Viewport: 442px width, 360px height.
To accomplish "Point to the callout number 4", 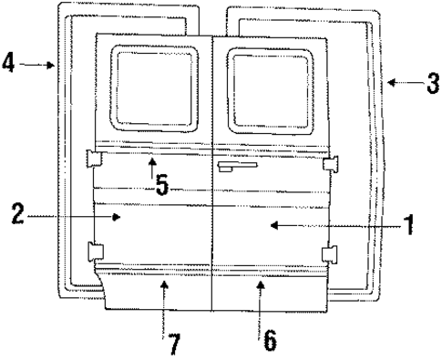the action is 9,65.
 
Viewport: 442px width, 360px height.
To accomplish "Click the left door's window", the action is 154,88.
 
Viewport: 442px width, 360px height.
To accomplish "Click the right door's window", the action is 270,89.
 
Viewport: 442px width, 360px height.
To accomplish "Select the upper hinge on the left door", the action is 93,159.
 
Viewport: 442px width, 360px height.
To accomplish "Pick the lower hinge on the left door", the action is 93,252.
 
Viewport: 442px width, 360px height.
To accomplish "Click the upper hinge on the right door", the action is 331,164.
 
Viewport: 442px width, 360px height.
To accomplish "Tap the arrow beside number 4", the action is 37,65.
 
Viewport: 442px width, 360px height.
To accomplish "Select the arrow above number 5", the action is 153,165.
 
